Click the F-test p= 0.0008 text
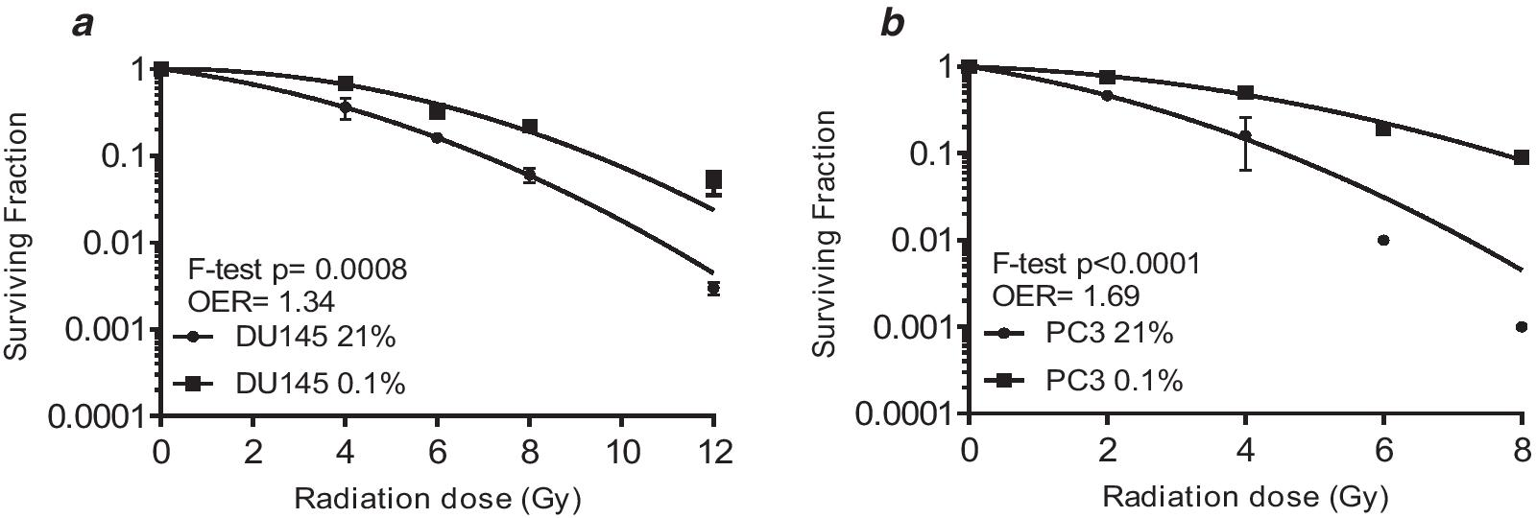pyautogui.click(x=295, y=270)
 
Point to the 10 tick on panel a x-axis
pyautogui.click(x=621, y=451)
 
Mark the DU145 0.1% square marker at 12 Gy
pyautogui.click(x=713, y=179)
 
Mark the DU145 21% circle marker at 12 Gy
pyautogui.click(x=713, y=288)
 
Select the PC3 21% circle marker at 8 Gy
pyautogui.click(x=1521, y=327)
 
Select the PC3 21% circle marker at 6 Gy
pyautogui.click(x=1383, y=240)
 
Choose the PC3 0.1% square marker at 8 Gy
pyautogui.click(x=1521, y=157)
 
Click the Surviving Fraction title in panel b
pyautogui.click(x=825, y=233)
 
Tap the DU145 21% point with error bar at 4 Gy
pyautogui.click(x=346, y=108)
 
